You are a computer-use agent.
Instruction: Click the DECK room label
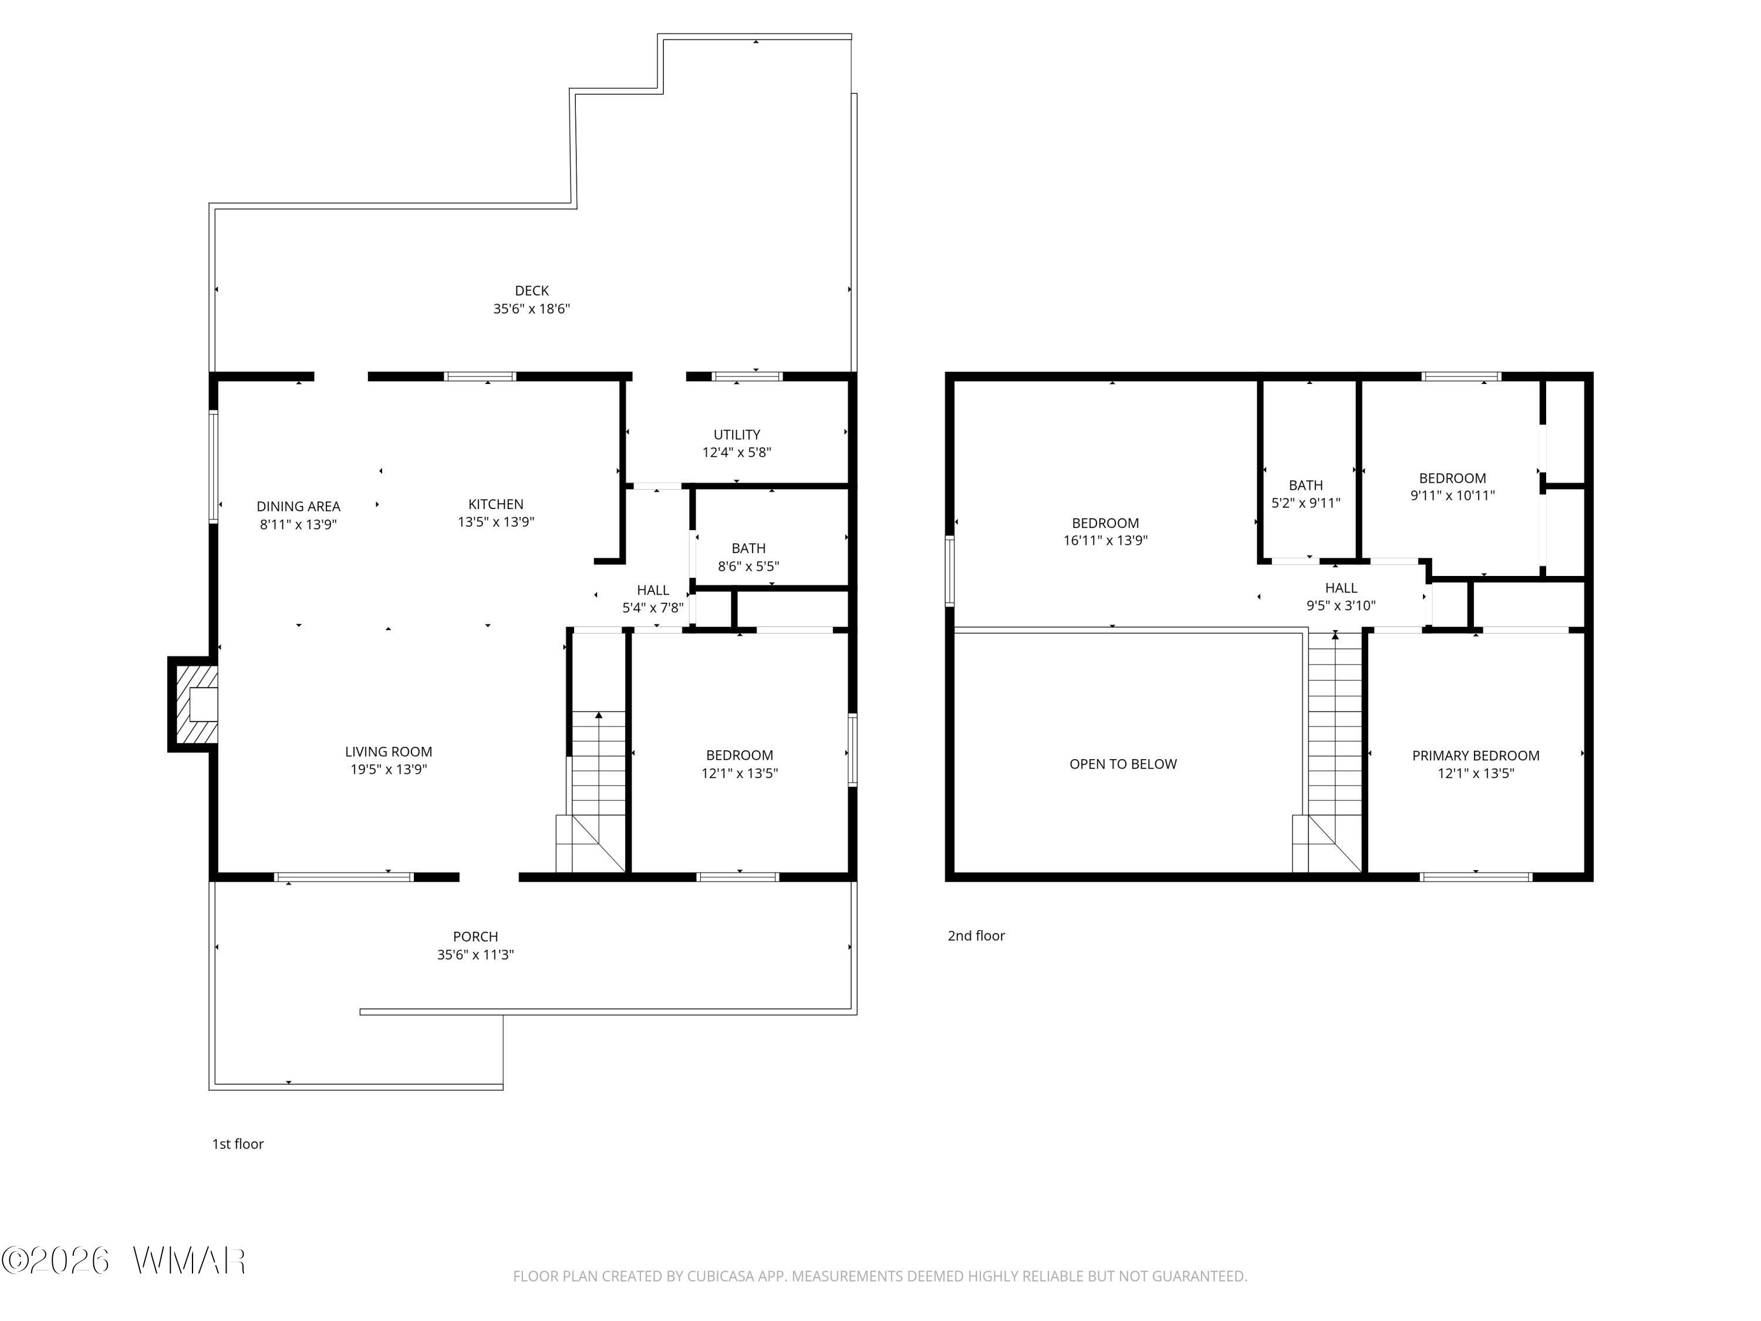point(532,291)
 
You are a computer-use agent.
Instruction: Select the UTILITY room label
point(737,435)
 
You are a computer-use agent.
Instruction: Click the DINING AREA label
point(299,507)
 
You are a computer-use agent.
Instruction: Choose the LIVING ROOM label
point(389,752)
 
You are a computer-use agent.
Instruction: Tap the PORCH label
point(475,936)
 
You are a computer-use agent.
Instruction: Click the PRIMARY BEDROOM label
point(1475,756)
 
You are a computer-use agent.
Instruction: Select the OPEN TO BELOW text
point(1122,764)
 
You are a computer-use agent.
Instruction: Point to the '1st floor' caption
point(237,1144)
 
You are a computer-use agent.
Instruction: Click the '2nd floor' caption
point(976,936)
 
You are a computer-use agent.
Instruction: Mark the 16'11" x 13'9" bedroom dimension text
point(1105,541)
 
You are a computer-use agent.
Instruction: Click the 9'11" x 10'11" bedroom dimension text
point(1452,496)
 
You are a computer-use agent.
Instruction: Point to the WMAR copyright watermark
point(123,1261)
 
